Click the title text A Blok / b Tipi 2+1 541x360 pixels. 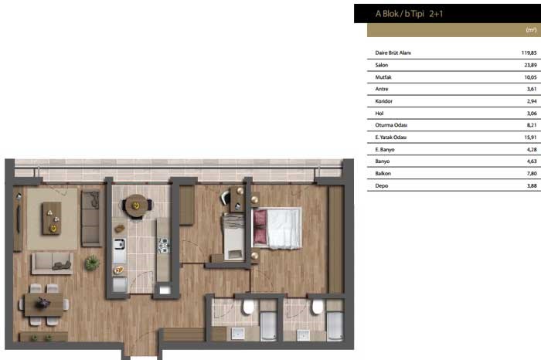[x=409, y=14]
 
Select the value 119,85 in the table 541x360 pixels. [x=529, y=53]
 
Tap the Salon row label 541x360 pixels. [x=382, y=65]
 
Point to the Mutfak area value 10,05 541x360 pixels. [x=530, y=77]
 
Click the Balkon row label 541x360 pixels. [x=383, y=174]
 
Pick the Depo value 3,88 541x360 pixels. [x=532, y=185]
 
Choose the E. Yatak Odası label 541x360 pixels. [x=390, y=138]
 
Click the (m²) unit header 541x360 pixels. [x=532, y=29]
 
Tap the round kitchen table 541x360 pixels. [x=136, y=205]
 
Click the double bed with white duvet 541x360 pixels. [x=277, y=228]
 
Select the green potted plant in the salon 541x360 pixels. [x=92, y=263]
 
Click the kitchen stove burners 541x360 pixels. [x=163, y=245]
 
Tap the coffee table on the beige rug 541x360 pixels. [x=52, y=219]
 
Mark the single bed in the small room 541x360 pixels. [x=233, y=237]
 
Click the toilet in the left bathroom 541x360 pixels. [x=248, y=307]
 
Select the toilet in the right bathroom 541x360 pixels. [x=318, y=307]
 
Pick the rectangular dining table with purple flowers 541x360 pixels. [x=43, y=304]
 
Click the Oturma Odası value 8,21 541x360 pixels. [x=532, y=125]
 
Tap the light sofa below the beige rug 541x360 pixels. [x=52, y=263]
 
